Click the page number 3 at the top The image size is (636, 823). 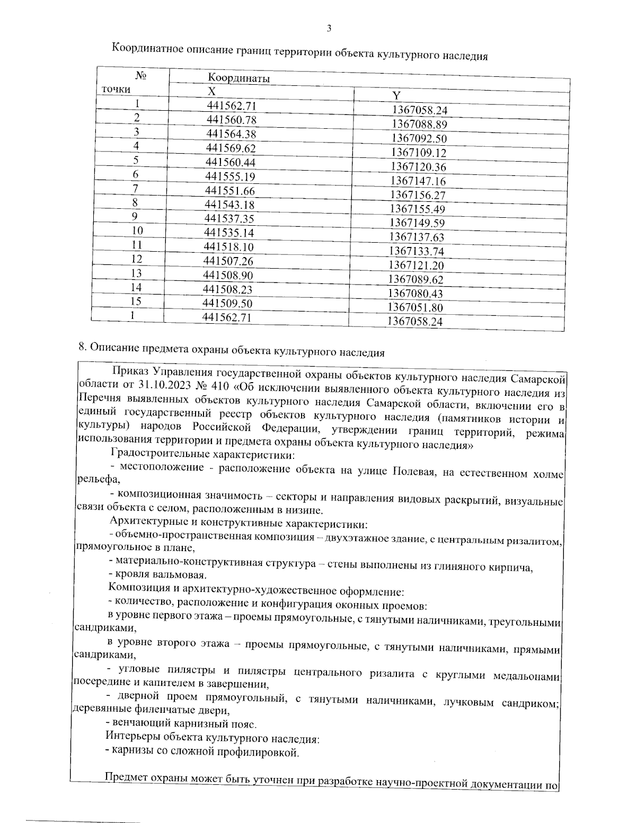pos(329,29)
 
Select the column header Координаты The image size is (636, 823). pos(238,78)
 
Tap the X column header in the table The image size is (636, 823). pos(211,91)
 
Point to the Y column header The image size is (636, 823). pos(396,95)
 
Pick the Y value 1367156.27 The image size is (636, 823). pos(418,195)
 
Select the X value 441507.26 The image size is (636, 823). pos(229,261)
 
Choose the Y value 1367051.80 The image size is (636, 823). pos(415,307)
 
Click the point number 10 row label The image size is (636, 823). pos(137,231)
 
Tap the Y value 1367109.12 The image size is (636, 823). pos(419,153)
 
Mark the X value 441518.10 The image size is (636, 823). pos(229,247)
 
